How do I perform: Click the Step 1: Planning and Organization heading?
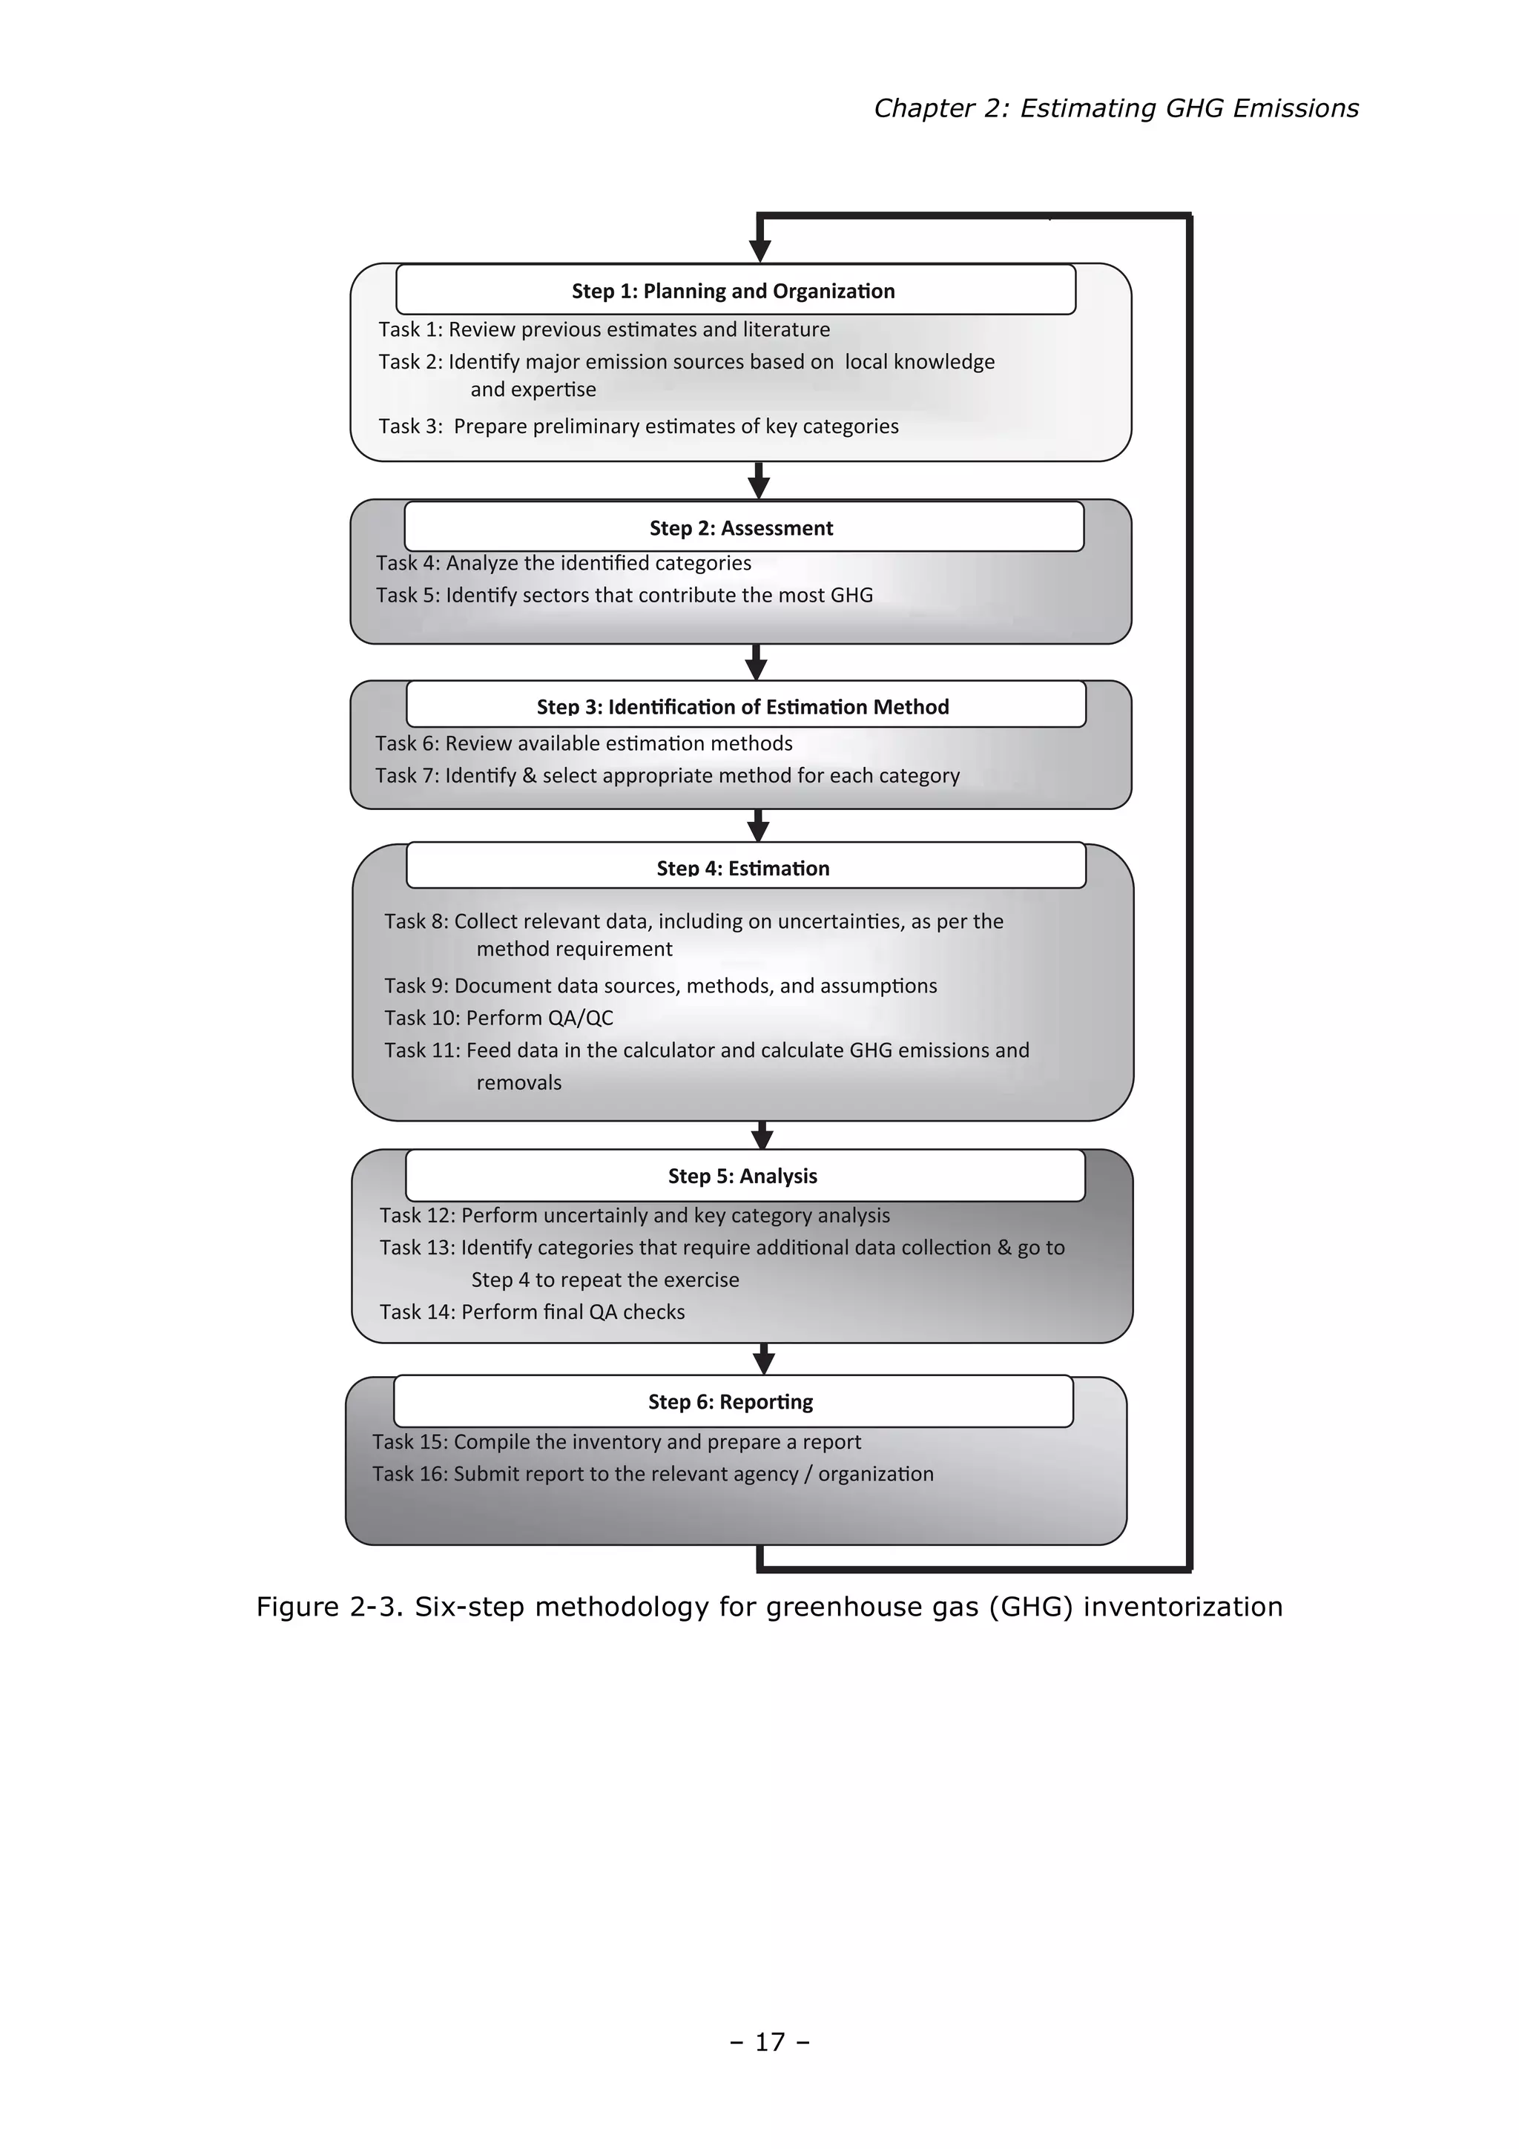point(733,291)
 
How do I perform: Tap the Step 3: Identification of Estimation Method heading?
point(742,707)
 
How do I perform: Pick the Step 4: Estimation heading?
point(743,868)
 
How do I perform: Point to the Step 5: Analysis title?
point(742,1176)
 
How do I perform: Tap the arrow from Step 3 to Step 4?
point(759,826)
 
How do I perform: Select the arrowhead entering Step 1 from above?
point(760,249)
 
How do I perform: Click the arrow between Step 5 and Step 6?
point(764,1359)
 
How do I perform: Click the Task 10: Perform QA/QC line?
point(499,1018)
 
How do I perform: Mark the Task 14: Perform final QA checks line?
point(532,1312)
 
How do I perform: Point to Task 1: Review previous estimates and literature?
point(604,329)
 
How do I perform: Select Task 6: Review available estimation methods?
point(583,743)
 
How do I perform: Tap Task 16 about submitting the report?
point(653,1473)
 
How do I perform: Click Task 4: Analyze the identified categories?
point(564,562)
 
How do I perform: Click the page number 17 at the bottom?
point(769,2041)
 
